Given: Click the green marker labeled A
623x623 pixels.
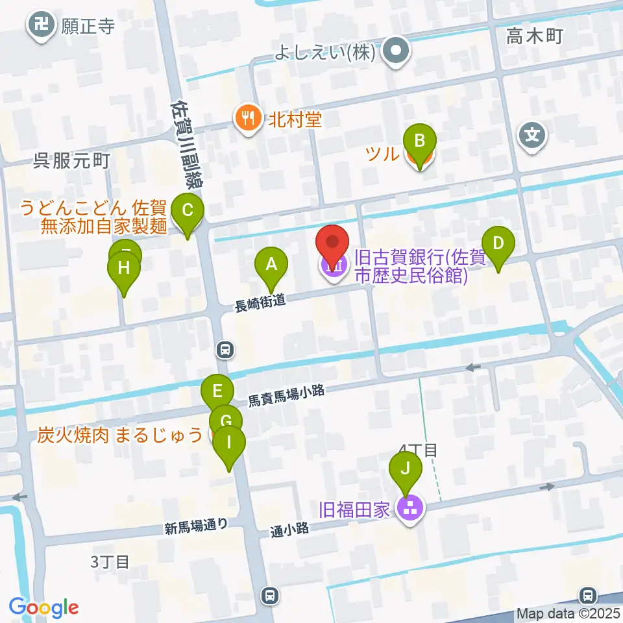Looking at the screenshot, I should (x=271, y=265).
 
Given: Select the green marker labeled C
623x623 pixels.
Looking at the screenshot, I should (x=188, y=212).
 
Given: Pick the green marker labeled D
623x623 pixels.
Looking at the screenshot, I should (x=498, y=245).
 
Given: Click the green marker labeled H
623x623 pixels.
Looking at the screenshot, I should (x=123, y=269).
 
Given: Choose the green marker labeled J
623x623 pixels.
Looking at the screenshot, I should (x=406, y=469).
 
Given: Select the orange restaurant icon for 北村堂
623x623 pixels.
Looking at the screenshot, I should (x=247, y=119).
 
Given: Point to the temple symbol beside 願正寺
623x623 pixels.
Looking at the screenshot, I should (x=41, y=26).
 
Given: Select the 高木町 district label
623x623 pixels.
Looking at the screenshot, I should (x=535, y=38).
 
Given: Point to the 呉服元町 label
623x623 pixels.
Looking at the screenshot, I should (x=71, y=161).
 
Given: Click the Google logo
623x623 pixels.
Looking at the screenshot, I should (x=44, y=607).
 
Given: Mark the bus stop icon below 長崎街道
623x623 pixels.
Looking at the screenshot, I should (x=225, y=350).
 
